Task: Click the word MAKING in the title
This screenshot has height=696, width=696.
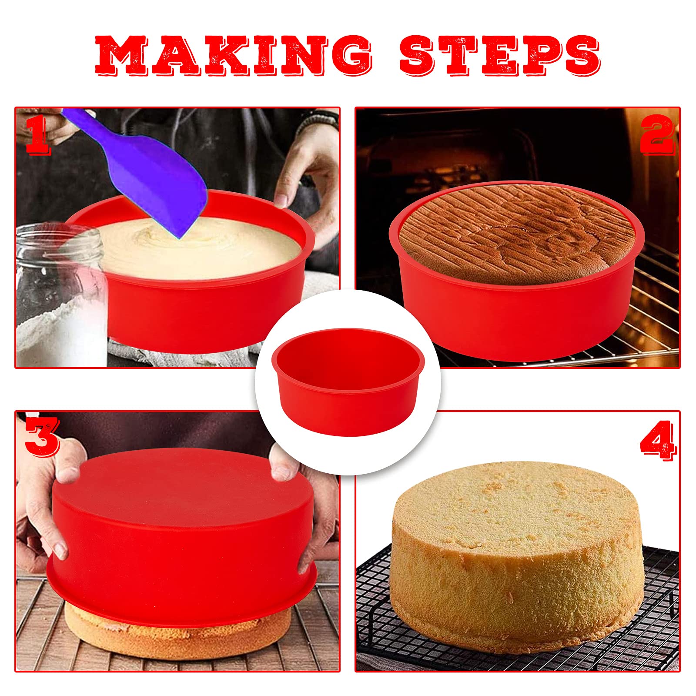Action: [x=234, y=55]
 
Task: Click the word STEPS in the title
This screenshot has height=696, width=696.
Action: [x=500, y=55]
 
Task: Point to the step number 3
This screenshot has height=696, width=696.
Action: [x=42, y=436]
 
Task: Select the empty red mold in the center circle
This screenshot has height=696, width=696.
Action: [x=348, y=383]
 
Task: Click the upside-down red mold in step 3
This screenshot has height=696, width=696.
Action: [x=183, y=535]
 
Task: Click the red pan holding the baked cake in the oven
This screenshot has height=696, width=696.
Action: [x=518, y=322]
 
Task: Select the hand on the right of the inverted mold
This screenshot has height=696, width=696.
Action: [x=304, y=500]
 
